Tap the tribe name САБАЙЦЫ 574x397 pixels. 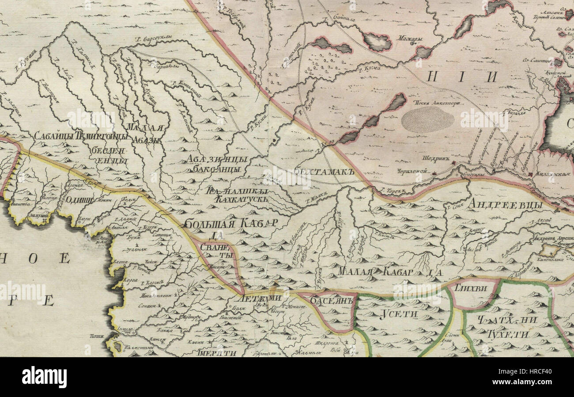tap(54, 136)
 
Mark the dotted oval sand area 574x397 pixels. tap(427, 119)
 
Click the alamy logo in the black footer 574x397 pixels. tap(44, 377)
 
